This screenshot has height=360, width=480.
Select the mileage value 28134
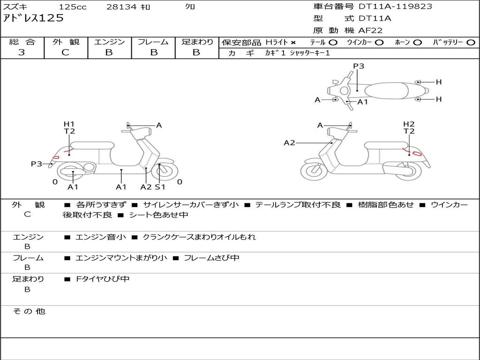(x=121, y=7)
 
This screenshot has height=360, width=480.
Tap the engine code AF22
(x=370, y=30)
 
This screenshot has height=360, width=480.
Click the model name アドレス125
(x=33, y=18)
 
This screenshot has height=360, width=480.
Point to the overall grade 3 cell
(x=22, y=52)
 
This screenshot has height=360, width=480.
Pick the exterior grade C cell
(x=66, y=52)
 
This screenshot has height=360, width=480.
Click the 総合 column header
(x=22, y=42)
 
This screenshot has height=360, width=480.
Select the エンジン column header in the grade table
(x=109, y=42)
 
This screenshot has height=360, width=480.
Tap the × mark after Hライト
(x=293, y=43)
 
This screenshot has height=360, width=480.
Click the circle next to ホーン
(x=417, y=43)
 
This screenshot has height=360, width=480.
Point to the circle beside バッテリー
(x=471, y=43)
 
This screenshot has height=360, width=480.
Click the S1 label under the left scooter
(x=160, y=187)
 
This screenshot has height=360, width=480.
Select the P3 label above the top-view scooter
(x=359, y=66)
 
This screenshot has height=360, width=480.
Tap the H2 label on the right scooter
(x=409, y=124)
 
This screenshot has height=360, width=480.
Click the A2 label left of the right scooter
(x=290, y=142)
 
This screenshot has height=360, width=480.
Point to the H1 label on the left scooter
(x=69, y=124)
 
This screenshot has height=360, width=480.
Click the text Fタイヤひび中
(x=103, y=279)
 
